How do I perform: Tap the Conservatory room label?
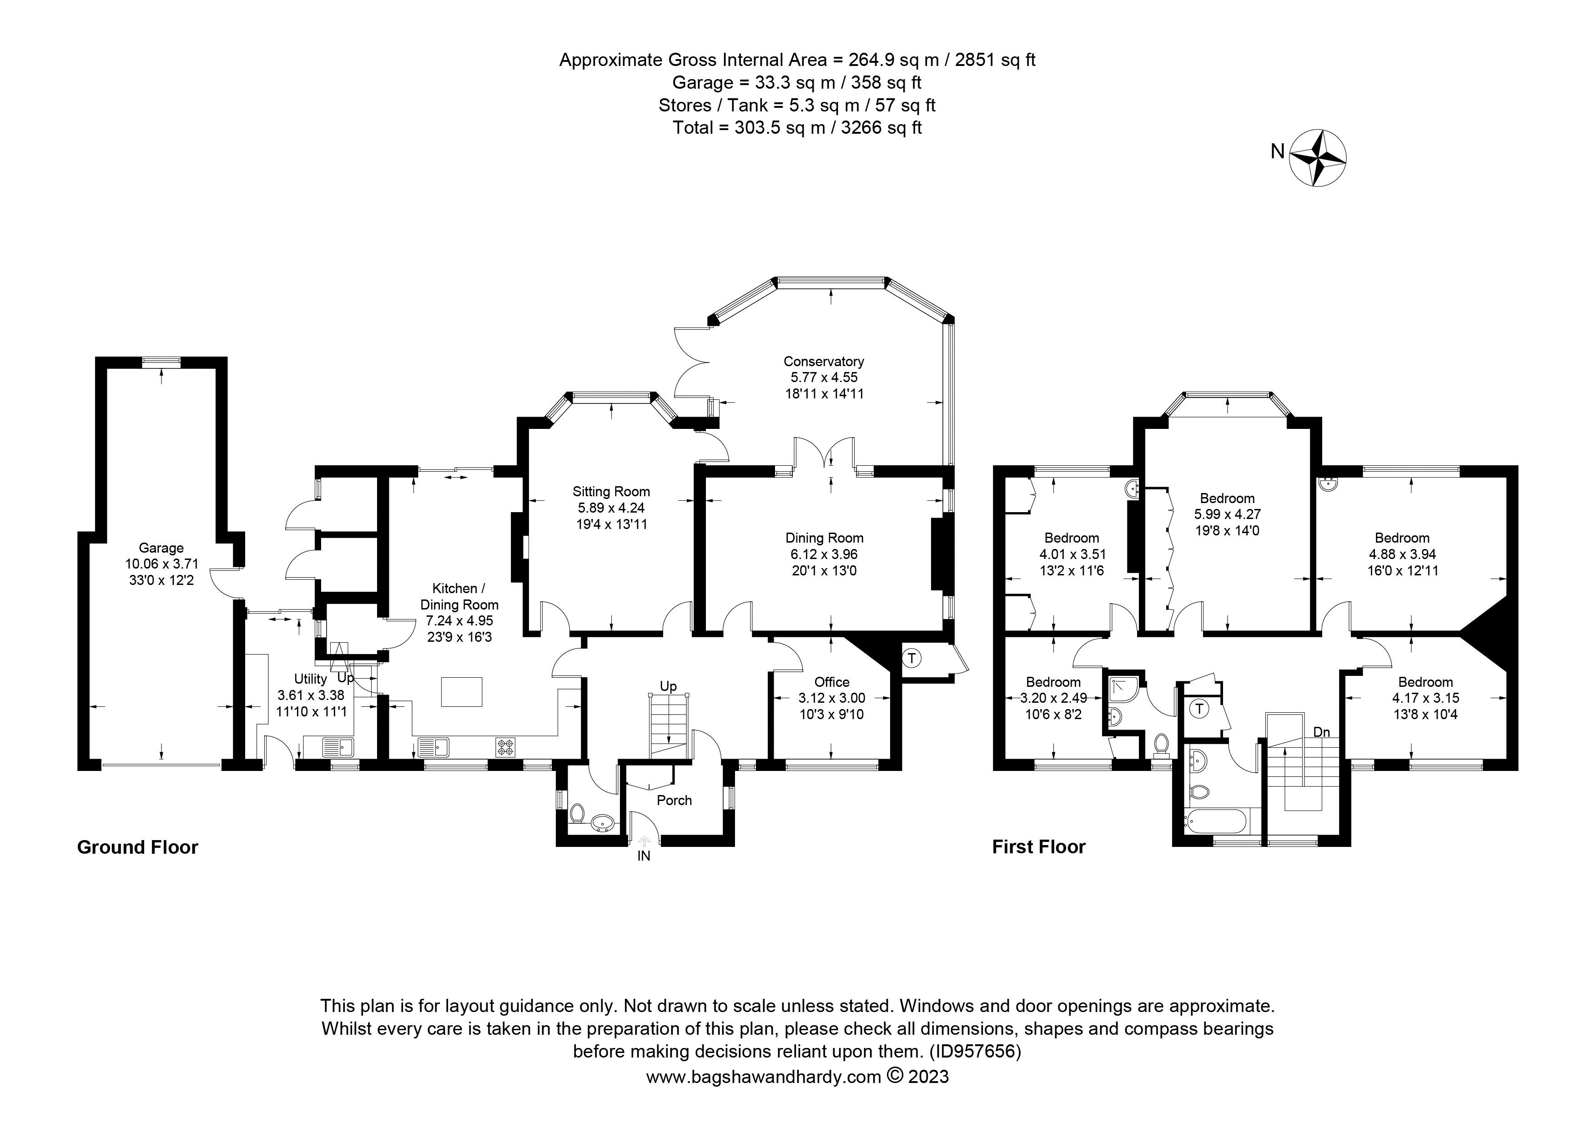[x=823, y=362]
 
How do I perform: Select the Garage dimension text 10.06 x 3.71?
[x=161, y=564]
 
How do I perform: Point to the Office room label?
[x=831, y=682]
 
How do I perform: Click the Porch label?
[x=674, y=800]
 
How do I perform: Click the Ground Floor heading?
[x=138, y=847]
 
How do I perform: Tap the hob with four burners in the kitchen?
[x=505, y=747]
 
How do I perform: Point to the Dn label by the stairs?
[x=1321, y=733]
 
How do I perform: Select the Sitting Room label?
[x=611, y=491]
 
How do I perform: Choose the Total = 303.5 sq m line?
[x=797, y=128]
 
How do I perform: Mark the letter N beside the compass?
[x=1277, y=151]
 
